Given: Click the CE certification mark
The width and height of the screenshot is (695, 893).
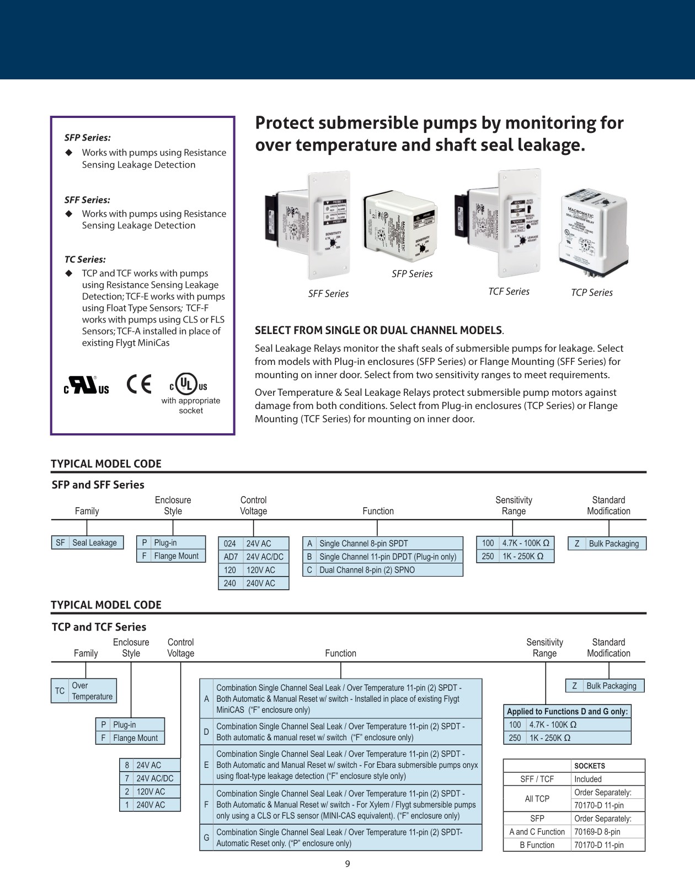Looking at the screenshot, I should pyautogui.click(x=138, y=384).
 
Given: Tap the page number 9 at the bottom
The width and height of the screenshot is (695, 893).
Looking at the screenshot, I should pyautogui.click(x=347, y=864).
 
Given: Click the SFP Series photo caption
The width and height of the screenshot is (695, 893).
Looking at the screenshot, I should pyautogui.click(x=412, y=274).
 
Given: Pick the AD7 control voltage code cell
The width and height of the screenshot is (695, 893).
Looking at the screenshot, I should pyautogui.click(x=230, y=557).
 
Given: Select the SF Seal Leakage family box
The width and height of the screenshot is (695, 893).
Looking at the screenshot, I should pyautogui.click(x=87, y=543).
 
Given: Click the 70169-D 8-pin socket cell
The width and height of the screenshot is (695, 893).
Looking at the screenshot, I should pyautogui.click(x=607, y=832).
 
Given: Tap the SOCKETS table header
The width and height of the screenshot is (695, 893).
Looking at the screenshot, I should pyautogui.click(x=589, y=766).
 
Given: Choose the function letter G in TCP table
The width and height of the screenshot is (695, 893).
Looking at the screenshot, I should pyautogui.click(x=206, y=837).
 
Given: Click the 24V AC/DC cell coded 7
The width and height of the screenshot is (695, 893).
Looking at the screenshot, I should pyautogui.click(x=155, y=778).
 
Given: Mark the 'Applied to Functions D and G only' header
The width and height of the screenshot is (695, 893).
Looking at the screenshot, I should pyautogui.click(x=567, y=712).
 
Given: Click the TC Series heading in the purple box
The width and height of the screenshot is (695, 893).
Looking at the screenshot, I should pyautogui.click(x=85, y=259).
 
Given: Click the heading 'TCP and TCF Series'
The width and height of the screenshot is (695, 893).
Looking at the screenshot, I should pyautogui.click(x=99, y=627).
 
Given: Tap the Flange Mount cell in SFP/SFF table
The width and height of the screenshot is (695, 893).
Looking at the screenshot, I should pyautogui.click(x=176, y=556).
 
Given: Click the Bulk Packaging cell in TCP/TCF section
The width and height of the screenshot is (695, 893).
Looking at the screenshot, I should pyautogui.click(x=611, y=686).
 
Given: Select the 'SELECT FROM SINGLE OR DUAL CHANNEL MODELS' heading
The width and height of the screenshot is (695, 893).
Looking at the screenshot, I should pyautogui.click(x=378, y=330).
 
